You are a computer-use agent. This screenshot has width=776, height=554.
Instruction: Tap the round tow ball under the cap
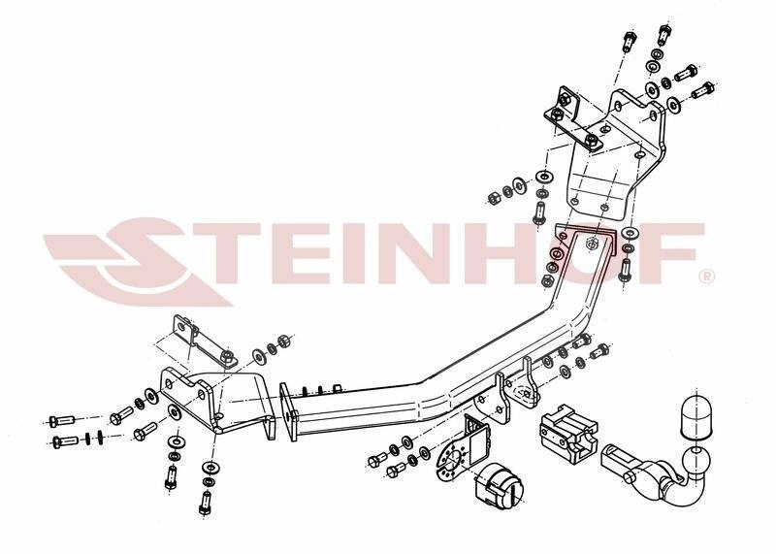(x=696, y=462)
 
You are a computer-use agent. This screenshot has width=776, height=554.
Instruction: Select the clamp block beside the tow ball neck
(x=569, y=436)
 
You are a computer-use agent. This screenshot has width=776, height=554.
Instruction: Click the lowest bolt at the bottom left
(x=205, y=504)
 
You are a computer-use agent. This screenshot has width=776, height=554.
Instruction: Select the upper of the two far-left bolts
(x=61, y=421)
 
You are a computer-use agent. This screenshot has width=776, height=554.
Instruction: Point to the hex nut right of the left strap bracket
(x=284, y=342)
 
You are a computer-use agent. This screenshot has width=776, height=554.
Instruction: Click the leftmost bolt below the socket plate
(x=377, y=461)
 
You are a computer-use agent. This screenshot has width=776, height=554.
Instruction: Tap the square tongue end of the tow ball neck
(x=619, y=458)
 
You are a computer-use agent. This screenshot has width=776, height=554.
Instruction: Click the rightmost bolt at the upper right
(x=702, y=90)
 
